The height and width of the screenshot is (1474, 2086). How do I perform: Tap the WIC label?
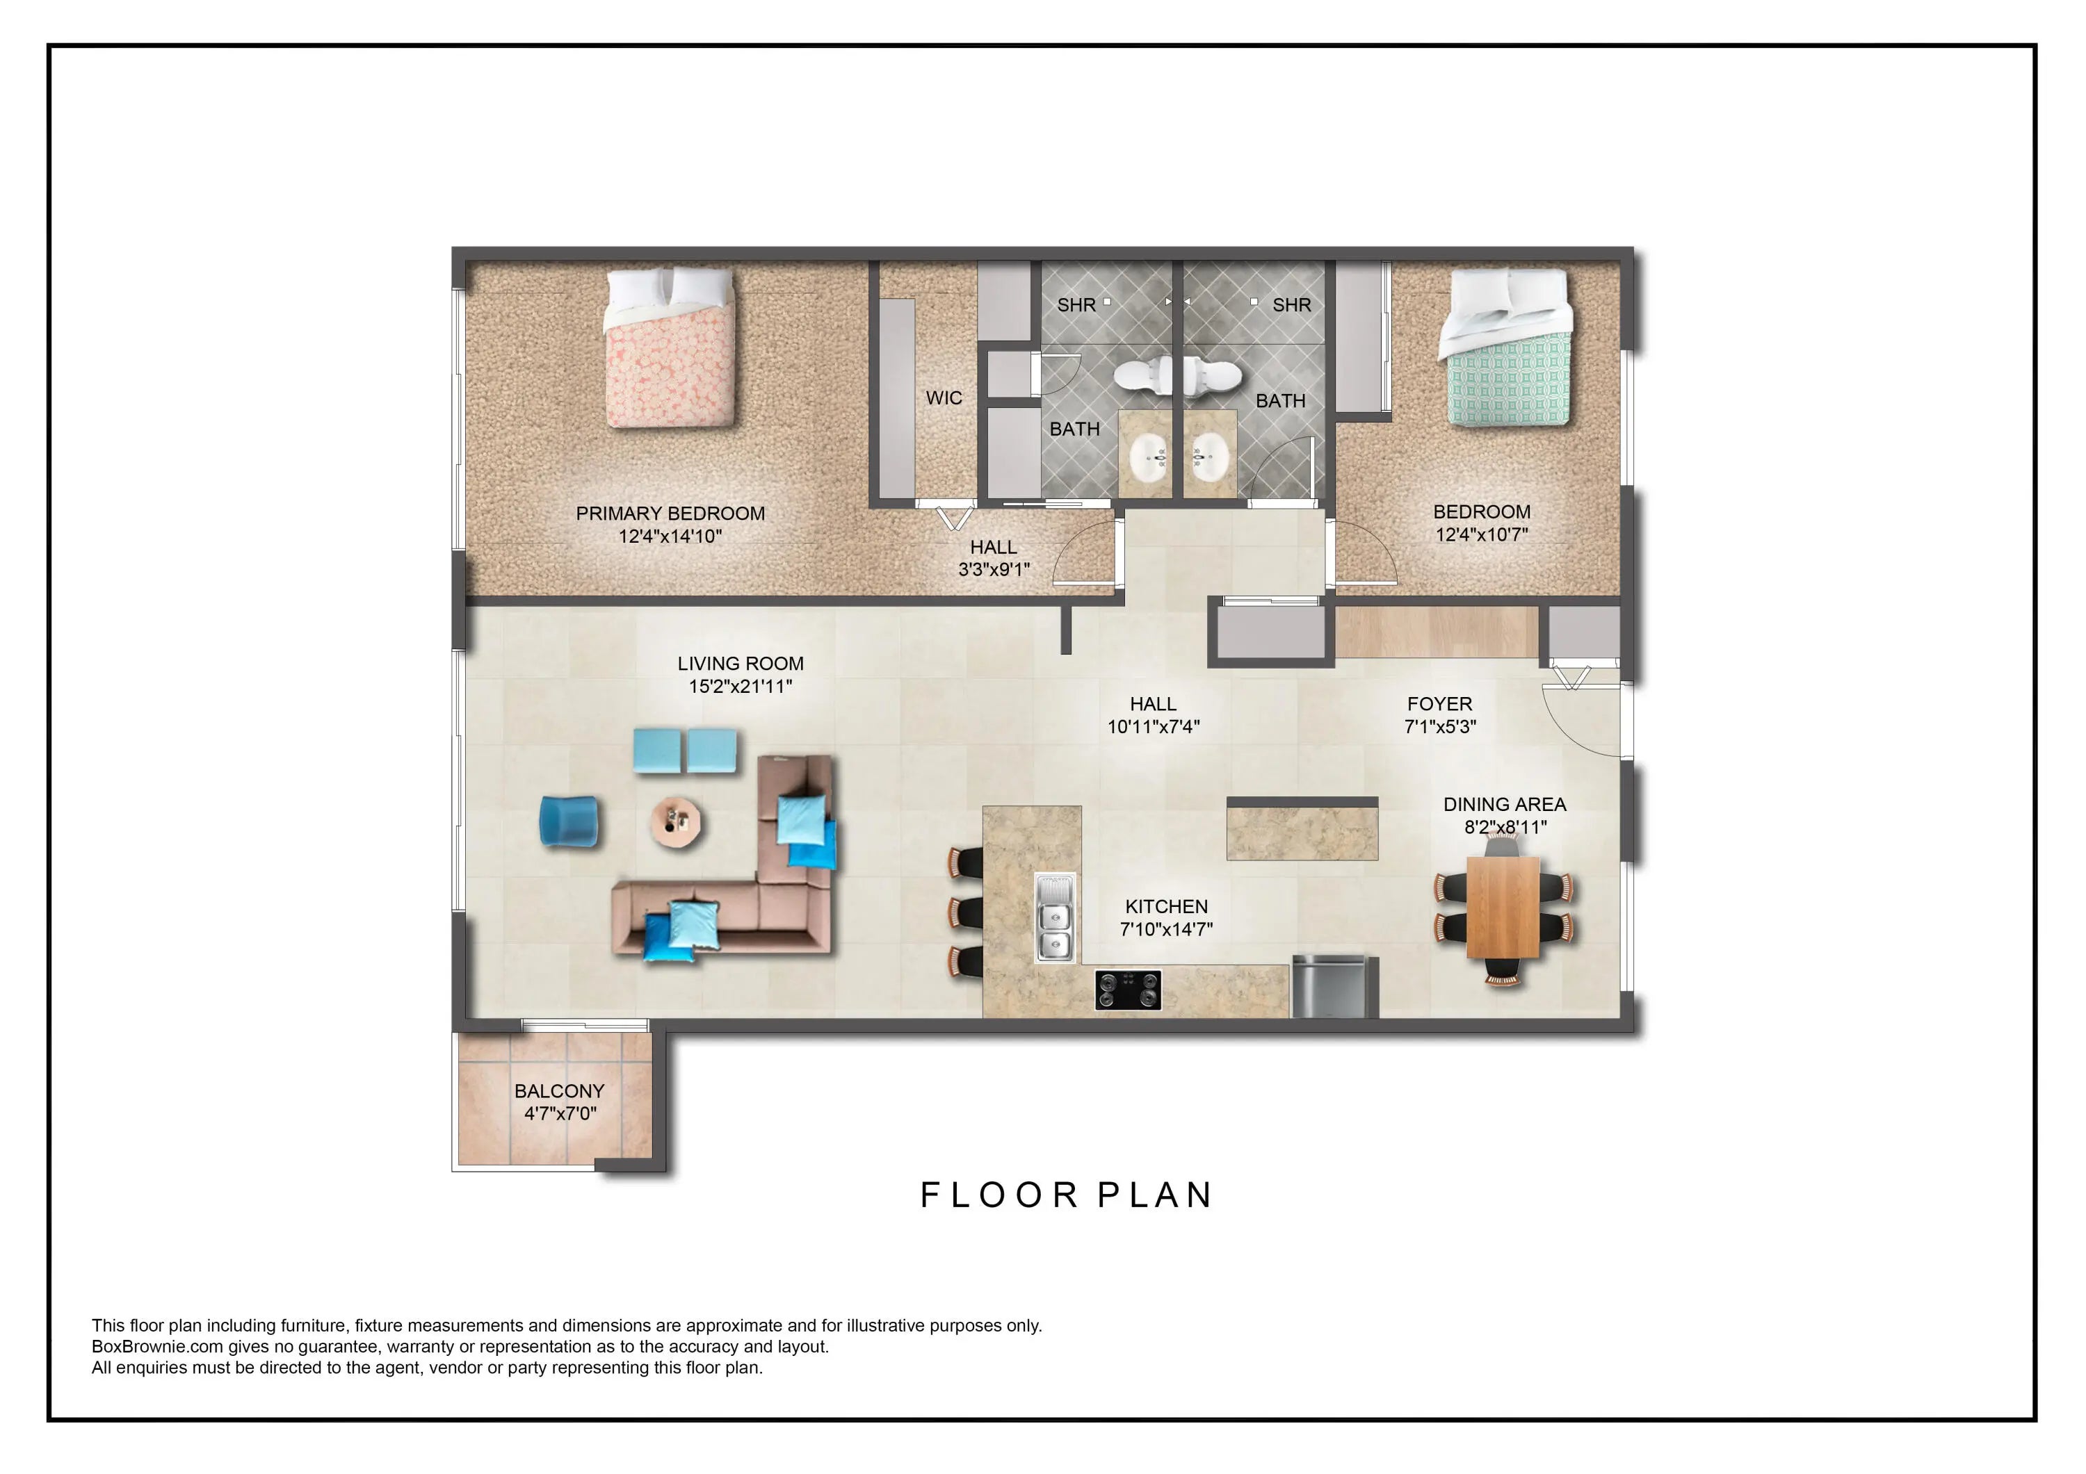tap(944, 398)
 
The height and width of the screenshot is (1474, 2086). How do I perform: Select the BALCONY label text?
tap(560, 1091)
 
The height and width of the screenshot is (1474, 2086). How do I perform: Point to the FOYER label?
tap(1440, 704)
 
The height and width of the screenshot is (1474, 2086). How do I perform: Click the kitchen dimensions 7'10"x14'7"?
tap(1167, 929)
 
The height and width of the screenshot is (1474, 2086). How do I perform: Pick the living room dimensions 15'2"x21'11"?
tap(741, 687)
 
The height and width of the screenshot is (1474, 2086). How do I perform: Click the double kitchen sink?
tap(1056, 917)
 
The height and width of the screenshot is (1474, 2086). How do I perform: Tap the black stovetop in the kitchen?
tap(1129, 990)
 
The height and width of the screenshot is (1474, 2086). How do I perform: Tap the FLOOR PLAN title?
tap(1067, 1195)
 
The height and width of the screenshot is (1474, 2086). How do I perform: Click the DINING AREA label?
tap(1505, 805)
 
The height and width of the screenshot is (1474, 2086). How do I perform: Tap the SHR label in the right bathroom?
tap(1292, 305)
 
